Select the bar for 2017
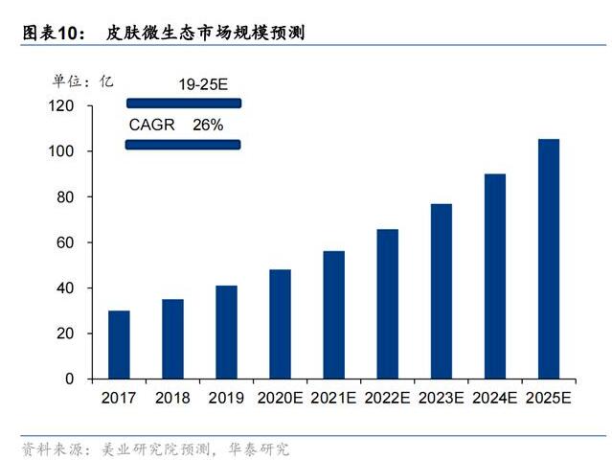point(119,344)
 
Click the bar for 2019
point(226,332)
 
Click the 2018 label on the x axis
point(172,398)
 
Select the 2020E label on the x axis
point(280,398)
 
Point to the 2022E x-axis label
point(387,398)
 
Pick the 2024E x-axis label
point(494,398)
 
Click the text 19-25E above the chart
point(203,84)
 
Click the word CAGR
point(152,125)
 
